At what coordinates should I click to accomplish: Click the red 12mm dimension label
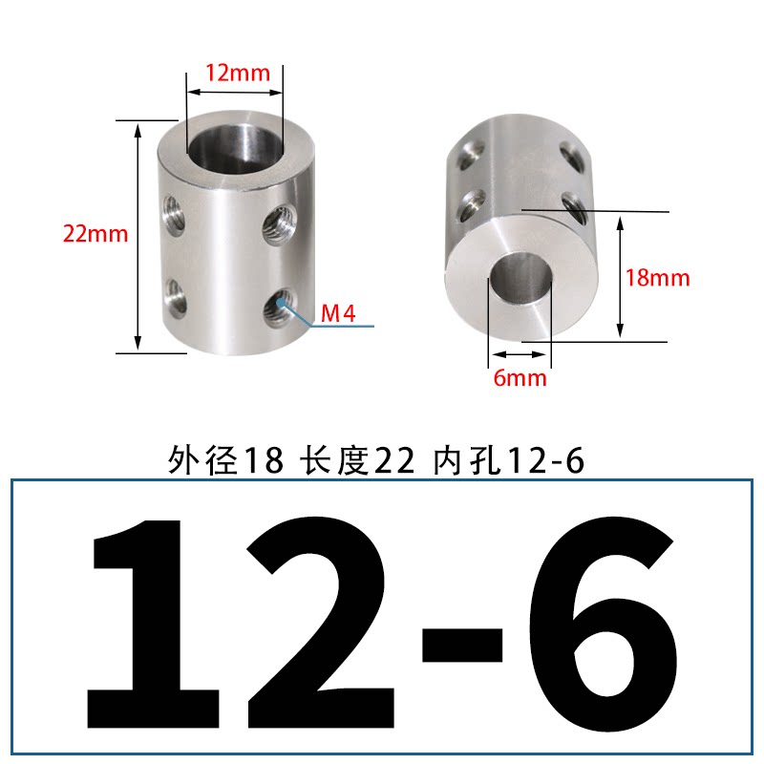tap(237, 74)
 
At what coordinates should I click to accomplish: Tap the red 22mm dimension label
tap(95, 234)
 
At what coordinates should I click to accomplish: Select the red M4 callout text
tap(338, 313)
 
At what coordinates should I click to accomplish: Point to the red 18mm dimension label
tap(657, 278)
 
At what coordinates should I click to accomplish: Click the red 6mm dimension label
tap(520, 378)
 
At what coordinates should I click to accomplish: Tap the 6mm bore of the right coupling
tap(520, 278)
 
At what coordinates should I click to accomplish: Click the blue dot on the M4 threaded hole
tap(281, 303)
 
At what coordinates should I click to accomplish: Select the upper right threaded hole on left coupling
tap(280, 224)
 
